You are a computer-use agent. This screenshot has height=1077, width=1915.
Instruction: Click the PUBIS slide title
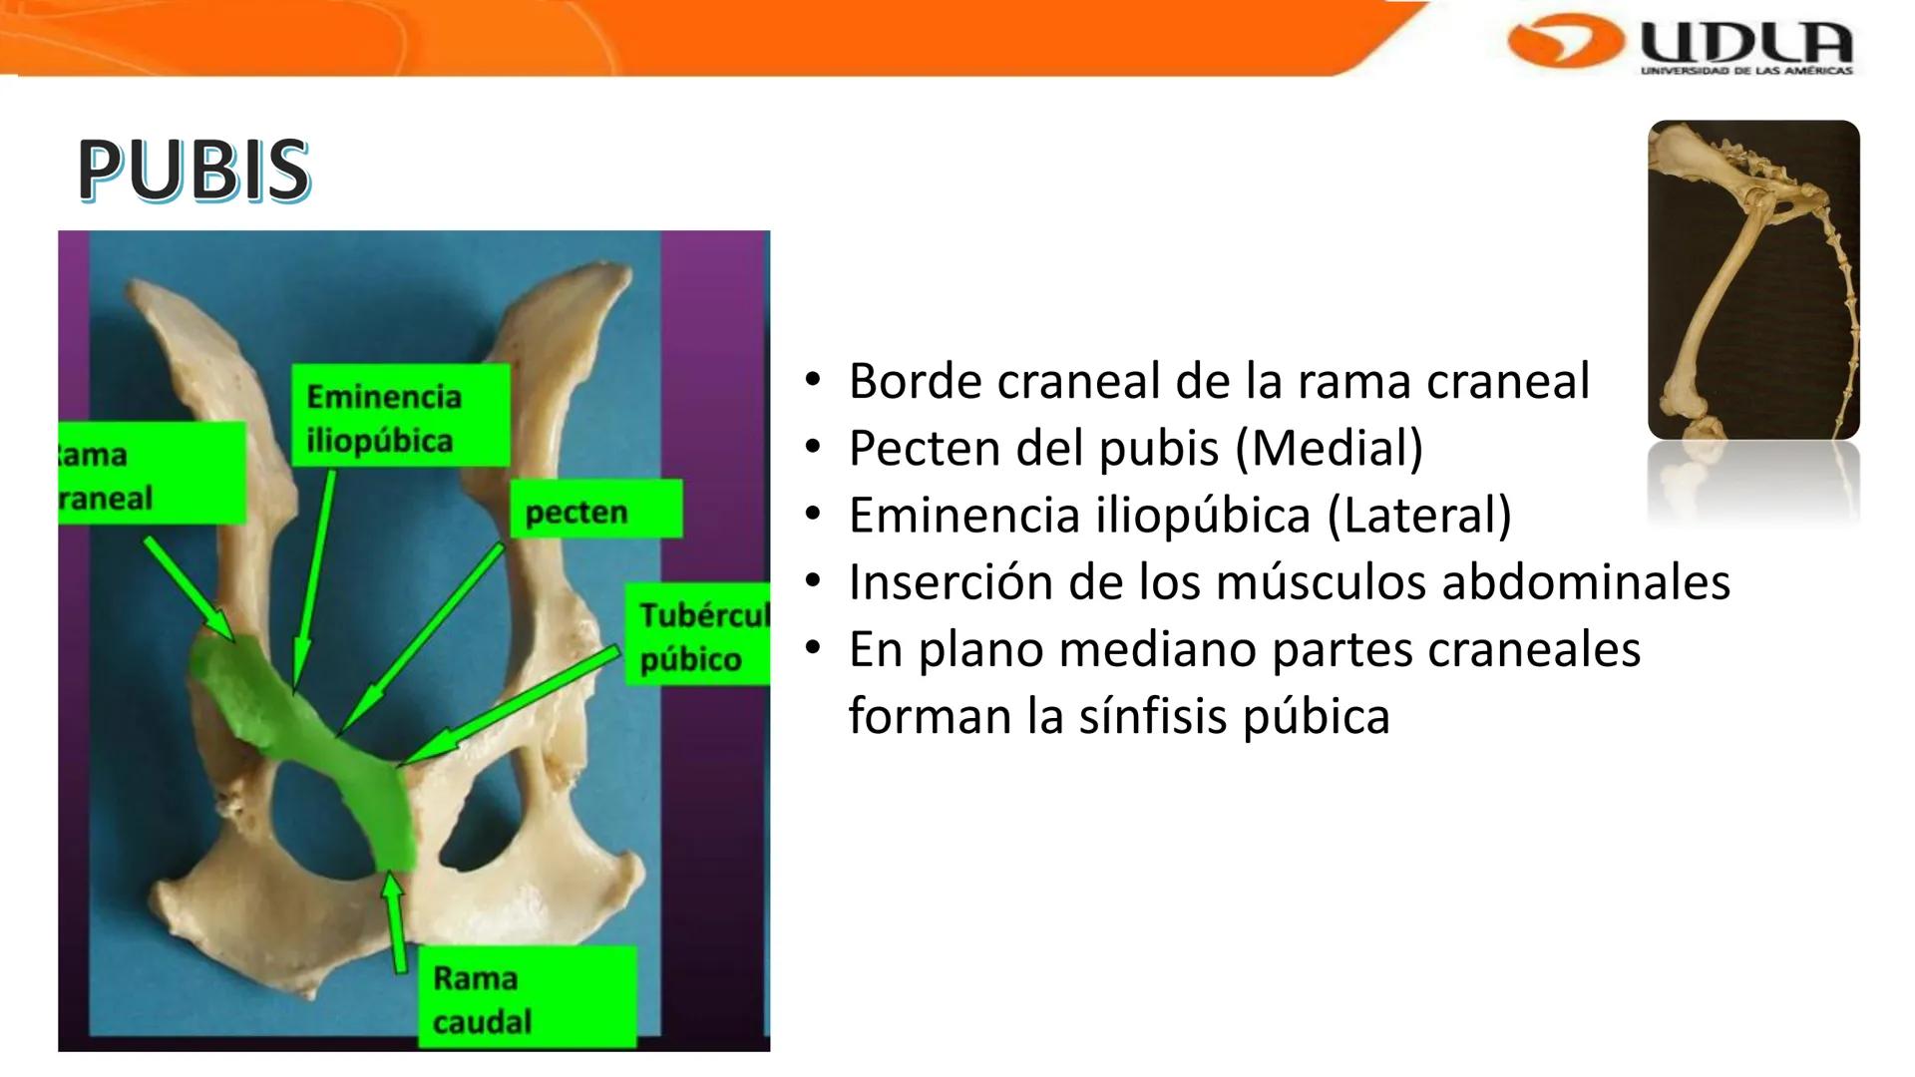pos(193,170)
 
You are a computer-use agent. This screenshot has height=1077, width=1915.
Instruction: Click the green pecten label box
pos(595,511)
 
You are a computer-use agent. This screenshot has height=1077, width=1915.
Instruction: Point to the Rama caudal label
pos(527,998)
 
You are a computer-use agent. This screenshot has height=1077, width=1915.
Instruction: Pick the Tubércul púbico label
pos(698,636)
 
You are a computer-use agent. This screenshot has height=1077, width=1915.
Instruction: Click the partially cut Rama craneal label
pos(150,474)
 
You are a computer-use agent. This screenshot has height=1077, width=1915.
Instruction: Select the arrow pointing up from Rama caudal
pos(396,922)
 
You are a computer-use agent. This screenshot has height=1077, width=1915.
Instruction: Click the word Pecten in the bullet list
pos(916,448)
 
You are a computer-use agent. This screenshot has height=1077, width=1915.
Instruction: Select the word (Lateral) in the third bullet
pos(1419,516)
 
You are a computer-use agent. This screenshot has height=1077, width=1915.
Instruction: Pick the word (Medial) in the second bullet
pos(1329,448)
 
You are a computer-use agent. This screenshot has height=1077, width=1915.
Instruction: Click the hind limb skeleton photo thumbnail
pos(1753,279)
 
